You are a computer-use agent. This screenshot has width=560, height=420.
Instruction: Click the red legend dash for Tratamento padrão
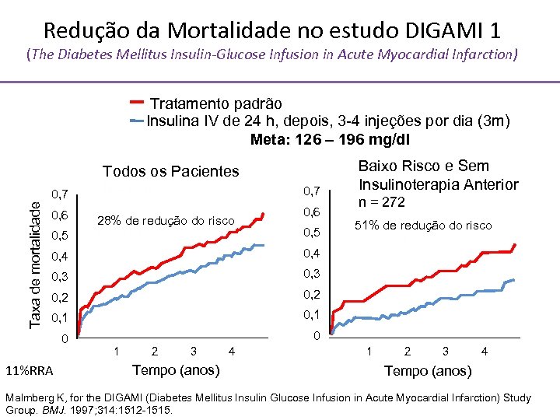click(x=136, y=102)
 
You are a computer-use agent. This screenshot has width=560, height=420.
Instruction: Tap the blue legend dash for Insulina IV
click(x=136, y=121)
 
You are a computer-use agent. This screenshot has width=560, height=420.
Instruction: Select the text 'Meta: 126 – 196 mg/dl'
click(x=330, y=140)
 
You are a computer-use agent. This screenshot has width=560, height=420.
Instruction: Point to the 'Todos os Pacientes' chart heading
click(x=171, y=171)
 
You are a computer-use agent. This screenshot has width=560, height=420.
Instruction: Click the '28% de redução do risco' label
click(x=166, y=221)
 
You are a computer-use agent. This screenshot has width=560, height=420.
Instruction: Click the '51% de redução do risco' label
click(x=423, y=226)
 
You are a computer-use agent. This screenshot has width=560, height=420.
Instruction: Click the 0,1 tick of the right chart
click(x=311, y=313)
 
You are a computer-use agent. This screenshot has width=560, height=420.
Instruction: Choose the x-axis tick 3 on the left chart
click(x=193, y=352)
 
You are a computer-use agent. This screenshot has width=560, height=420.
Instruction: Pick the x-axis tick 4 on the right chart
click(x=485, y=352)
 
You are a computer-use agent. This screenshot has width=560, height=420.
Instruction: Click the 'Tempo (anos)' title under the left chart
click(x=177, y=369)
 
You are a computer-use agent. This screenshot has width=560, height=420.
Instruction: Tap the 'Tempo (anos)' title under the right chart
click(x=428, y=371)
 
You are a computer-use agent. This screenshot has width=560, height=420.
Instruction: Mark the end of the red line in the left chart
click(x=264, y=213)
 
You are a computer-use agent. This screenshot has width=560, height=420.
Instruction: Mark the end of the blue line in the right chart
click(x=513, y=280)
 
